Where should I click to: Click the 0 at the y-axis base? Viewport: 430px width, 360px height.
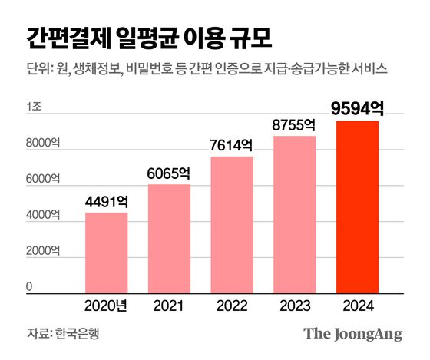[x=30, y=286]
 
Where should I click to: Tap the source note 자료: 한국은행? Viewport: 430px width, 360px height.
[x=63, y=334]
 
